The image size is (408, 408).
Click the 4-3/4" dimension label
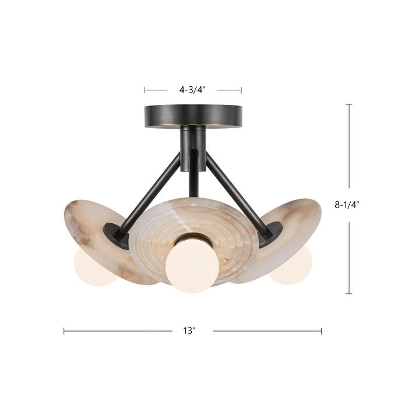pyautogui.click(x=193, y=90)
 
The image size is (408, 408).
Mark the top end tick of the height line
pyautogui.click(x=349, y=105)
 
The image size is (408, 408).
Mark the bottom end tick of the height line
pyautogui.click(x=349, y=293)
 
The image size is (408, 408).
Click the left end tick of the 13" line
pyautogui.click(x=64, y=331)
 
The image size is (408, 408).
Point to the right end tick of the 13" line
pyautogui.click(x=321, y=331)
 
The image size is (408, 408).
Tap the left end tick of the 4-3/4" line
pyautogui.click(x=145, y=90)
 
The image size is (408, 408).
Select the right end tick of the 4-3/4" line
pyautogui.click(x=241, y=90)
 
